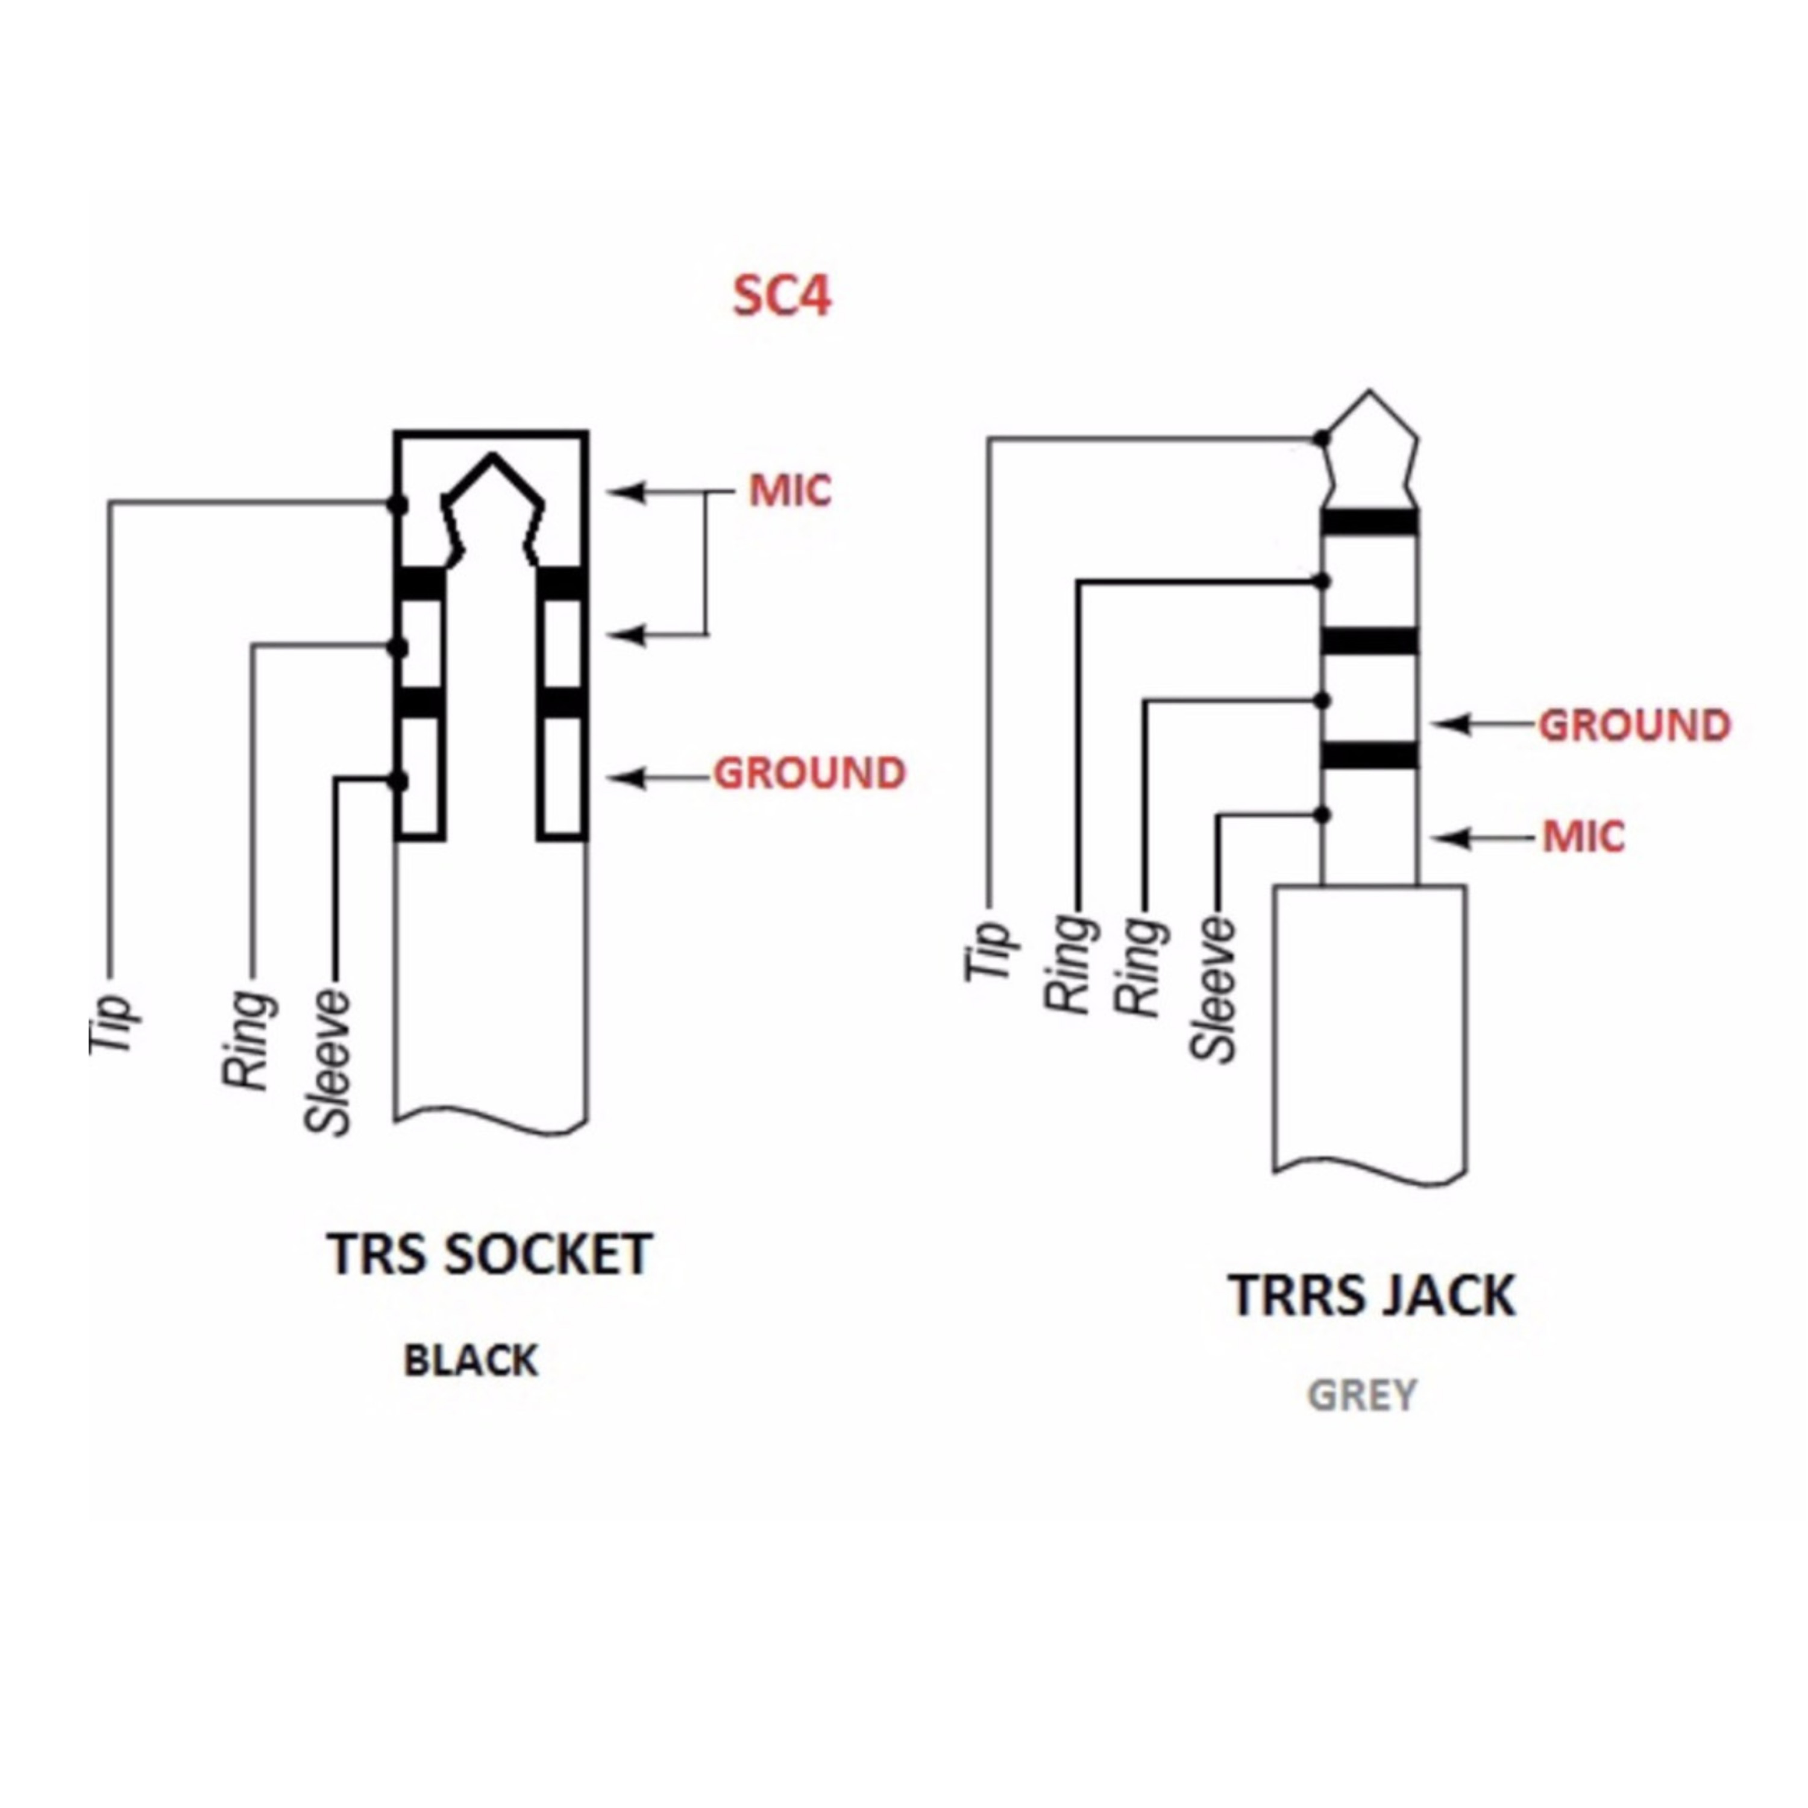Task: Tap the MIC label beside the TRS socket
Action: (x=790, y=491)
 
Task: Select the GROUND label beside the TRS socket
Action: (x=809, y=774)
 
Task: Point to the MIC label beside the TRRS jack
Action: (x=1583, y=837)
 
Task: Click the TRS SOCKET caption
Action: (x=489, y=1254)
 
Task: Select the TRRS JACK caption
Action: (x=1372, y=1295)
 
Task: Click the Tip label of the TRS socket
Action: (x=110, y=1024)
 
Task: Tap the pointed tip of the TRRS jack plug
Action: (x=1370, y=391)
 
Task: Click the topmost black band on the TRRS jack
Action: (x=1370, y=522)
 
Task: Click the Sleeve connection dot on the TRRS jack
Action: (x=1322, y=815)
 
